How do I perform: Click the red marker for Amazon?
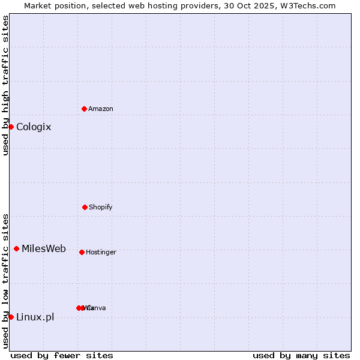click(84, 109)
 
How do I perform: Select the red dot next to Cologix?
click(11, 127)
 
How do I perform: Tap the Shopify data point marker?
click(85, 207)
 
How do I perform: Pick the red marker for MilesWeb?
click(16, 248)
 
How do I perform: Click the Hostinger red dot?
click(82, 252)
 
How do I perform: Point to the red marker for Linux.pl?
click(11, 317)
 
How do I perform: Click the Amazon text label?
click(101, 109)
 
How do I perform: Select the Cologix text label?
click(34, 127)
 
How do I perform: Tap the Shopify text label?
click(101, 207)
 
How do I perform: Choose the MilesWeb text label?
click(44, 248)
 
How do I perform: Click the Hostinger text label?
click(101, 252)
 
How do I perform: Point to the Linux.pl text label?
click(35, 317)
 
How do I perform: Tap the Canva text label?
click(97, 308)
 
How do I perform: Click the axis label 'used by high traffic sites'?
click(6, 85)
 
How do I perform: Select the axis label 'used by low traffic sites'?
click(6, 280)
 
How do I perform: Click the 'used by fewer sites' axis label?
click(62, 355)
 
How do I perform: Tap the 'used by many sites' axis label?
click(301, 355)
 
